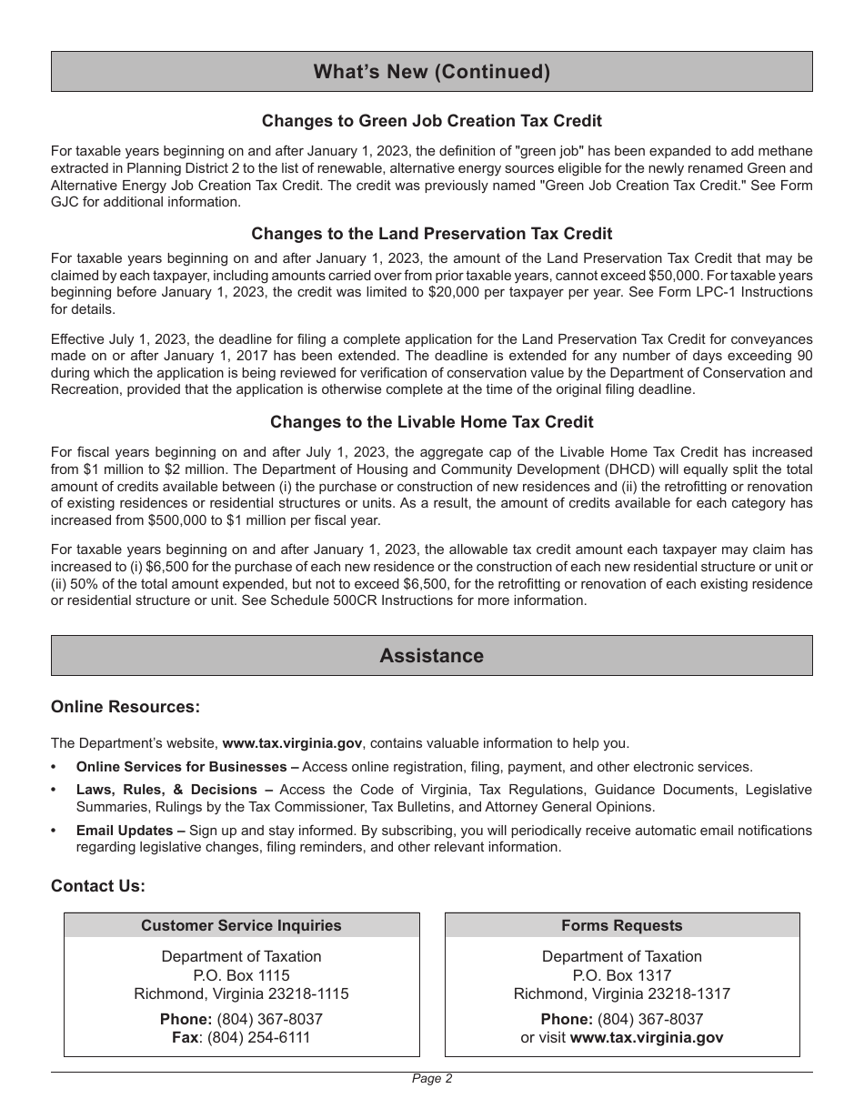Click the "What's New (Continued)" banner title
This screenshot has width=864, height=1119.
(431, 72)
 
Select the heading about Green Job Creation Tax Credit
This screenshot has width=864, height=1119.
(431, 121)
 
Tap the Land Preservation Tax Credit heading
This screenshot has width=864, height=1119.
(431, 234)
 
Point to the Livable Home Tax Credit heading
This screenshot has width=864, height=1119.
(431, 422)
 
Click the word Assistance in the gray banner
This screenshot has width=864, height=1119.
(431, 656)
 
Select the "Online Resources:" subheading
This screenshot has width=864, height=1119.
(126, 707)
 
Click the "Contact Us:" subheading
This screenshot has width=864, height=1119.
(98, 886)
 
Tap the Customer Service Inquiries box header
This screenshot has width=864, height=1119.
(241, 925)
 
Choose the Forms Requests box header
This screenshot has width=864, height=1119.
(621, 925)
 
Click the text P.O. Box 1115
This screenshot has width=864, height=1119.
(241, 975)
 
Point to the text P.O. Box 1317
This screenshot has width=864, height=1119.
(621, 975)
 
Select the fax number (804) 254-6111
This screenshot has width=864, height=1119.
(259, 1038)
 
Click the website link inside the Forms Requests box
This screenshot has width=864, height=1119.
(646, 1038)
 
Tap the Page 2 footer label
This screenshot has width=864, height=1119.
(431, 1079)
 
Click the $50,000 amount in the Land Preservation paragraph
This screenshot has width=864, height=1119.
(762, 275)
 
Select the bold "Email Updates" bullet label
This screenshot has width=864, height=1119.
(125, 831)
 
